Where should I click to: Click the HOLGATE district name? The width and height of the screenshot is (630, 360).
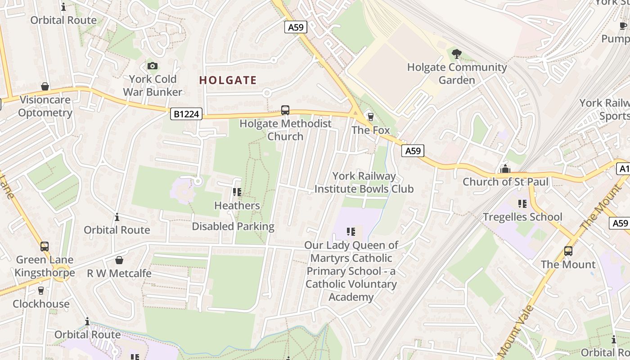[x=228, y=81]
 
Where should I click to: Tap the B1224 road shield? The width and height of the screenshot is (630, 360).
[x=186, y=114]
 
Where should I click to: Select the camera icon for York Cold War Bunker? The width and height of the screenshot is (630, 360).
[x=153, y=66]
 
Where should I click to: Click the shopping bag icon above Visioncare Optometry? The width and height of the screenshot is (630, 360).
[x=45, y=86]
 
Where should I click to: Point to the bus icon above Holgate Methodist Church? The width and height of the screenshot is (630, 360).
[x=285, y=110]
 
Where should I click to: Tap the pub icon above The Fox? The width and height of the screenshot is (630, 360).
[x=370, y=117]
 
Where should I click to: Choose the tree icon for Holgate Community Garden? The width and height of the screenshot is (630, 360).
[x=457, y=54]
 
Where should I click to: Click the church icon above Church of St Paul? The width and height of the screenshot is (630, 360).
[x=505, y=169]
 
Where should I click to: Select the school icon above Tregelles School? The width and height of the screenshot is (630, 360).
[x=522, y=204]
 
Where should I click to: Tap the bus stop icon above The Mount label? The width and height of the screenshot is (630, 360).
[x=568, y=251]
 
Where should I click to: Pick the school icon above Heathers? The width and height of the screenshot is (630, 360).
[x=237, y=193]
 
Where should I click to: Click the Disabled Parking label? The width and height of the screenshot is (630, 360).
[x=233, y=226]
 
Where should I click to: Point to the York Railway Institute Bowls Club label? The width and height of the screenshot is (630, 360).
[x=364, y=182]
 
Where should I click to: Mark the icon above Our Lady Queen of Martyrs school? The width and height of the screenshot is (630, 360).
[x=351, y=232]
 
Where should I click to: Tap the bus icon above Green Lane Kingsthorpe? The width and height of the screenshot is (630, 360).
[x=45, y=247]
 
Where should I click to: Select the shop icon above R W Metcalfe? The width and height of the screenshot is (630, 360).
[x=119, y=260]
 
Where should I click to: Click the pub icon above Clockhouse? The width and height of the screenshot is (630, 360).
[x=41, y=291]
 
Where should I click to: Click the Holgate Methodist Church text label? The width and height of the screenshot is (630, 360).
[x=285, y=130]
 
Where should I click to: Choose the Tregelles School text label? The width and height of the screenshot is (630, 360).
[x=522, y=217]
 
